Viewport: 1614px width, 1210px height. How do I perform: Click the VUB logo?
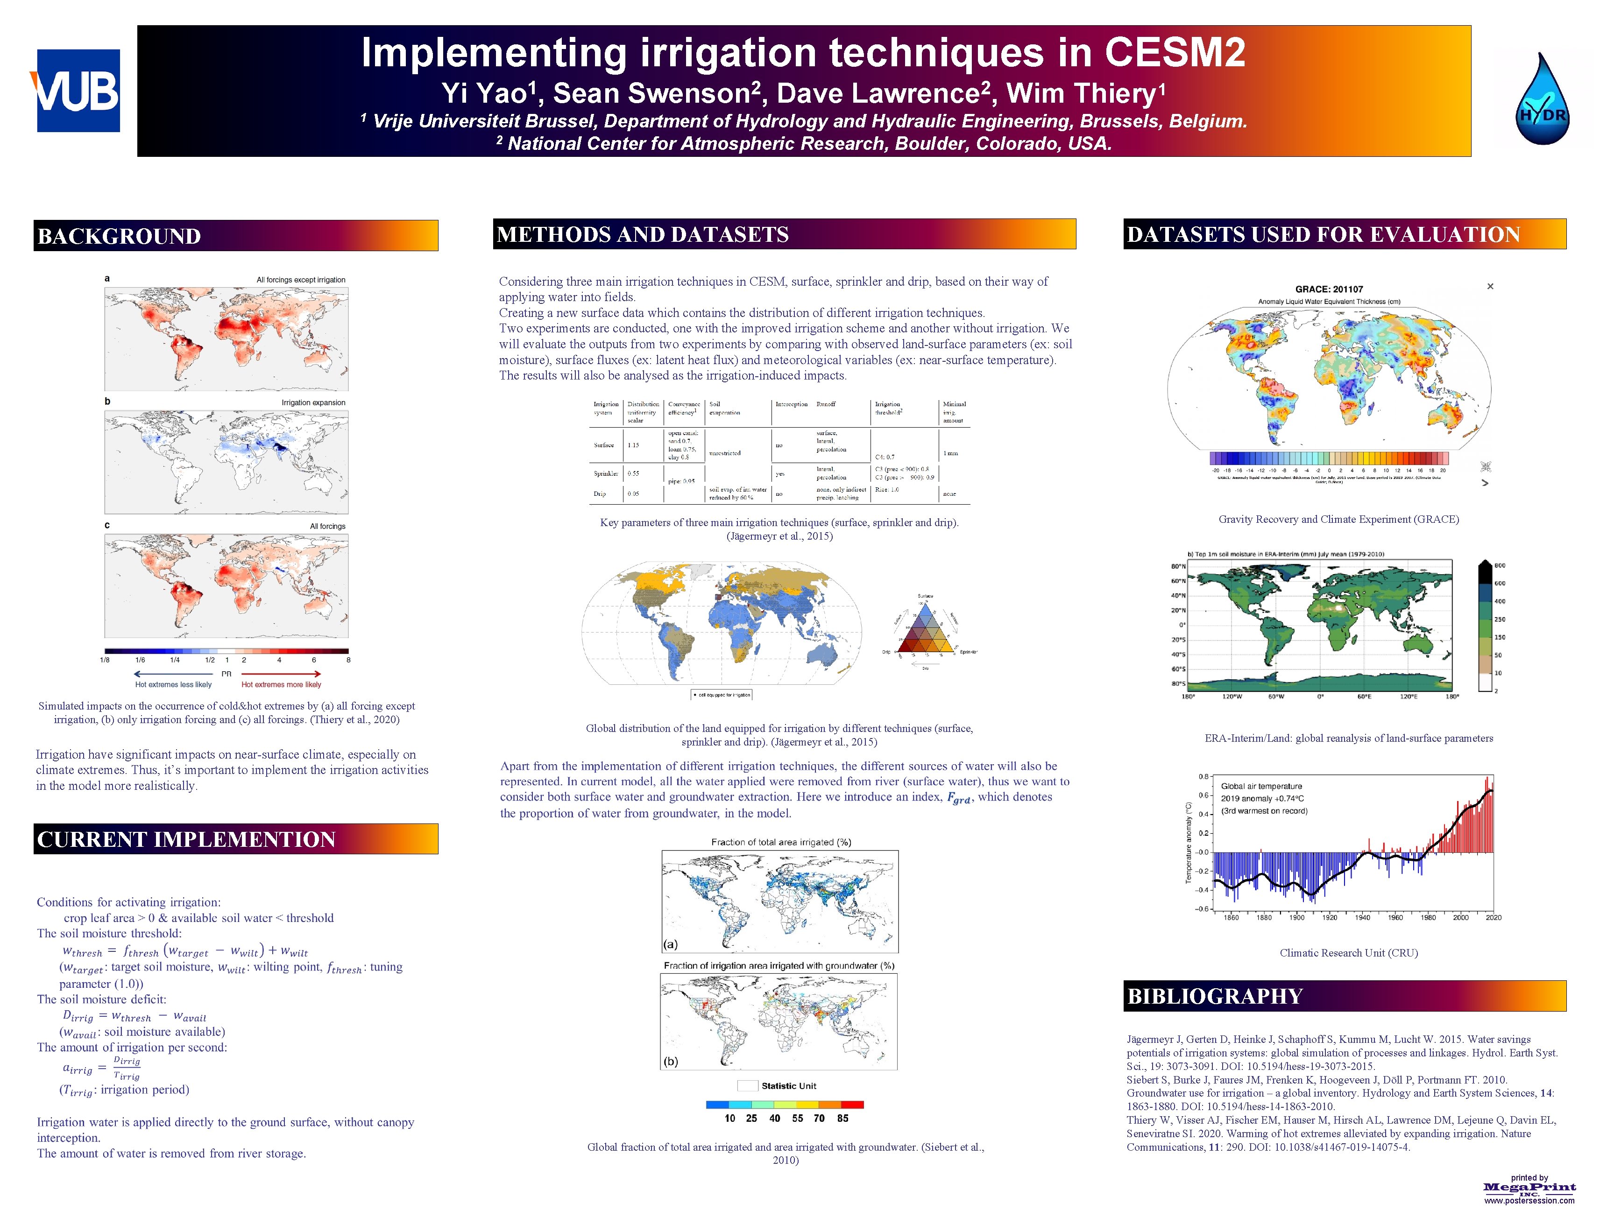[x=78, y=91]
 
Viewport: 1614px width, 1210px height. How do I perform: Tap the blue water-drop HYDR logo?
[x=1541, y=99]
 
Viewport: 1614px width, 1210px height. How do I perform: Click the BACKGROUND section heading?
[x=119, y=236]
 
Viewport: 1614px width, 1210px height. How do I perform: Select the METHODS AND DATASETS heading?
[x=642, y=234]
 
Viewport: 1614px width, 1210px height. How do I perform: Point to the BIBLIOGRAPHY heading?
[x=1214, y=996]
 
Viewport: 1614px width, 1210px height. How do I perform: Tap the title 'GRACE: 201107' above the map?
[x=1329, y=289]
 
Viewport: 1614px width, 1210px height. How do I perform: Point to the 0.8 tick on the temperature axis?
[x=1203, y=776]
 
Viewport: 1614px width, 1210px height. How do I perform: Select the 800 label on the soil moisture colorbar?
[x=1500, y=566]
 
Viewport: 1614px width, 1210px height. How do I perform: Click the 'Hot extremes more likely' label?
[x=281, y=685]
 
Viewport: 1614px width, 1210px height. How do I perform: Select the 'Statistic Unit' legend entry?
[x=788, y=1086]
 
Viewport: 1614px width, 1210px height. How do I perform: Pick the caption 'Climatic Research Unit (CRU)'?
[x=1348, y=952]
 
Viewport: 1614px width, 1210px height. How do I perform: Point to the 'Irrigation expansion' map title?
[x=313, y=402]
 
